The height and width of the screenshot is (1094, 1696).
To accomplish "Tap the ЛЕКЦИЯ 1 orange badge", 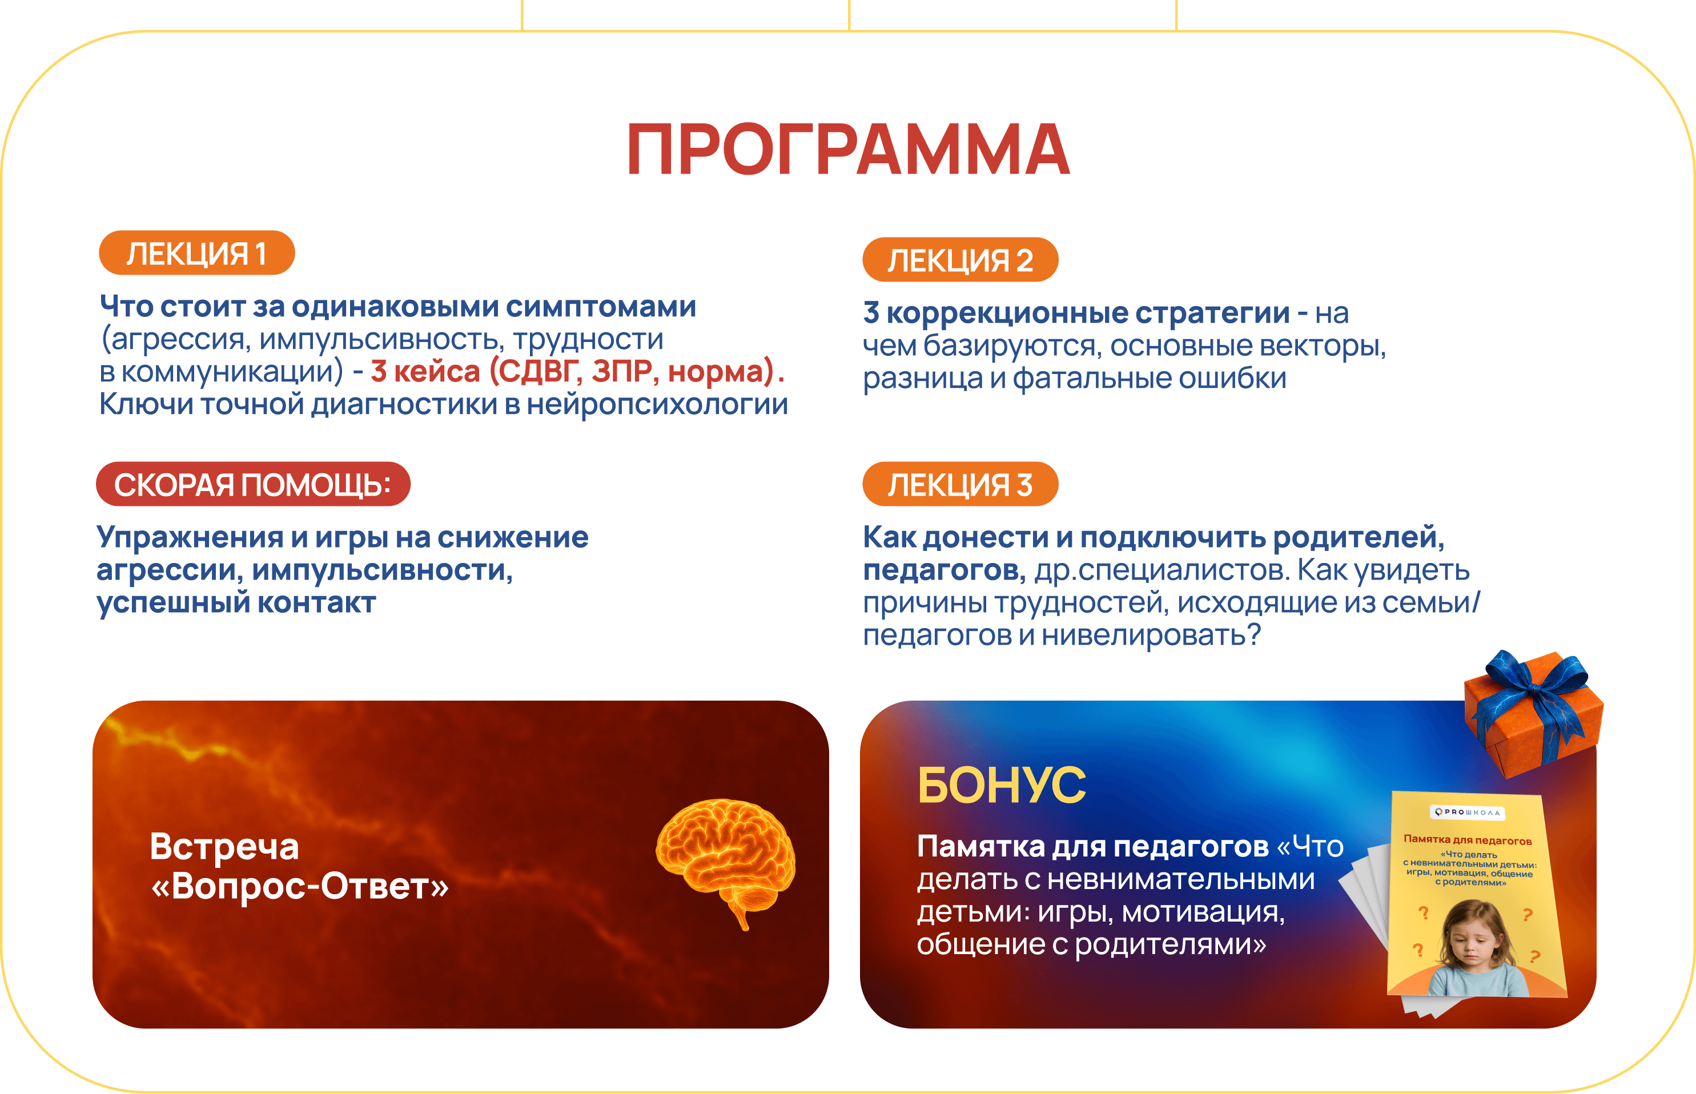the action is (x=197, y=253).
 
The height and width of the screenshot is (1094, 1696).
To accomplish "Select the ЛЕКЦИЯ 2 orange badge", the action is (x=960, y=260).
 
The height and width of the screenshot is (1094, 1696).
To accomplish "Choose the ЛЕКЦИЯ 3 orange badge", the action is (x=960, y=485).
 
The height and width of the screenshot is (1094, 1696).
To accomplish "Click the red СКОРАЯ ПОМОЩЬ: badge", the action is (x=253, y=485).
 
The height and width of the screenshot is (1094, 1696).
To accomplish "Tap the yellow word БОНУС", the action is (x=1001, y=786).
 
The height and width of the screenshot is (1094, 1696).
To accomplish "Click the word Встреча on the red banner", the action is (x=224, y=847).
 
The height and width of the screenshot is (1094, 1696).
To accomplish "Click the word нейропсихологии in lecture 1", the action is (x=657, y=405).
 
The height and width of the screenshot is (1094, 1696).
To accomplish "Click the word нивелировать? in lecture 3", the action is (x=1151, y=635).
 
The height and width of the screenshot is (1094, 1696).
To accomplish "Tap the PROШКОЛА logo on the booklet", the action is (x=1467, y=812).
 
